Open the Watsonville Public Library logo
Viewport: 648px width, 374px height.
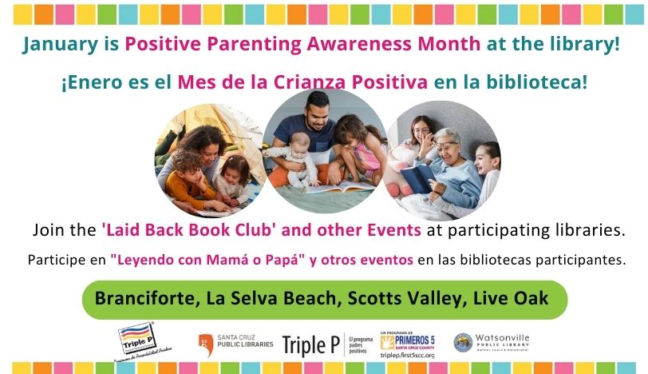492,343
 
